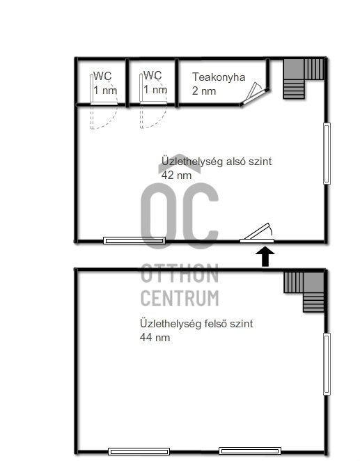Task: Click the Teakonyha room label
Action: point(219,77)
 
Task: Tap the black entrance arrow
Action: point(265,257)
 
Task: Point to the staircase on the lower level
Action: point(304,79)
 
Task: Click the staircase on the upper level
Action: point(304,292)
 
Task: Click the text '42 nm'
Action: point(176,175)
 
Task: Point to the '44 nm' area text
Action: point(155,337)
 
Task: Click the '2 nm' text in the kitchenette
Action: point(204,91)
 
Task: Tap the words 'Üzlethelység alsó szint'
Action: point(217,162)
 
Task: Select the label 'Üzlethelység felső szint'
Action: point(196,323)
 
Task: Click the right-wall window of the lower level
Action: point(327,153)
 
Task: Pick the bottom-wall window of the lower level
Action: point(134,241)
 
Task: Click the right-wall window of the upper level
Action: point(327,364)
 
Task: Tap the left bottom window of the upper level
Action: point(139,451)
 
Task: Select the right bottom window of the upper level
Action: point(250,451)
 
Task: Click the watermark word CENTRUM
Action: point(180,298)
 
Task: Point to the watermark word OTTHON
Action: point(180,274)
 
